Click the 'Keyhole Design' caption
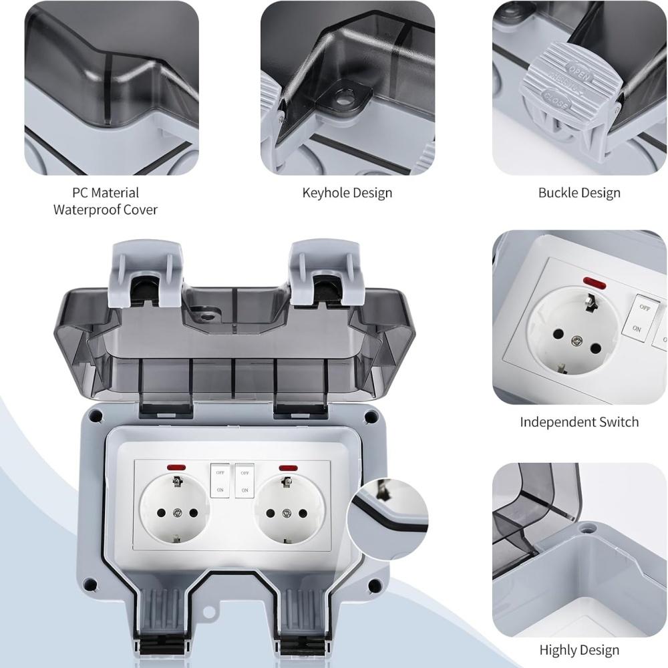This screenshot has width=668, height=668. pos(347,193)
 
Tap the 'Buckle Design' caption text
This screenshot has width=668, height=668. pos(579,193)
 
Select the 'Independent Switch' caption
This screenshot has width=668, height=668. pos(579,422)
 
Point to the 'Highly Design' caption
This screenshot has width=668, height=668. pos(579,650)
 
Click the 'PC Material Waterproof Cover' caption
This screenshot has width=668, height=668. pos(106,201)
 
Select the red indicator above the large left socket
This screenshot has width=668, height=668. pos(177,468)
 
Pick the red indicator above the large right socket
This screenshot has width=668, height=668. pos(289,468)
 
